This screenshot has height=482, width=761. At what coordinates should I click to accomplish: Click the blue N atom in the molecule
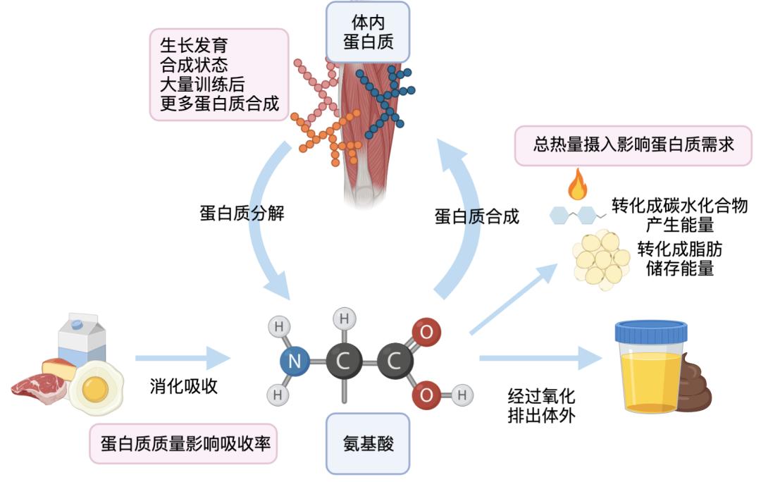(x=295, y=362)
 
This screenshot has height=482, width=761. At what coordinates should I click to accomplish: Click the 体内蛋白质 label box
(x=367, y=32)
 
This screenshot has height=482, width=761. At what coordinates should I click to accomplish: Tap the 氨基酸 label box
(x=367, y=443)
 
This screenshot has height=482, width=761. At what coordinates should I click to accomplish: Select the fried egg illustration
(x=96, y=388)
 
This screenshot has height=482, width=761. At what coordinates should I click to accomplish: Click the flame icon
(x=578, y=185)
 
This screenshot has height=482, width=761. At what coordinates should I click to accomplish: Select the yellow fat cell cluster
(x=600, y=259)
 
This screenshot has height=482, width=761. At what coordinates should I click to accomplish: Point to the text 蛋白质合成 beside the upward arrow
(x=476, y=216)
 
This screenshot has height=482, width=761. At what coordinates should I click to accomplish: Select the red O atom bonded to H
(x=426, y=395)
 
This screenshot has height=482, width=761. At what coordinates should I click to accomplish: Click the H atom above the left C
(x=344, y=319)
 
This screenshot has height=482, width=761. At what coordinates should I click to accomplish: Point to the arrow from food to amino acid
(x=182, y=358)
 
